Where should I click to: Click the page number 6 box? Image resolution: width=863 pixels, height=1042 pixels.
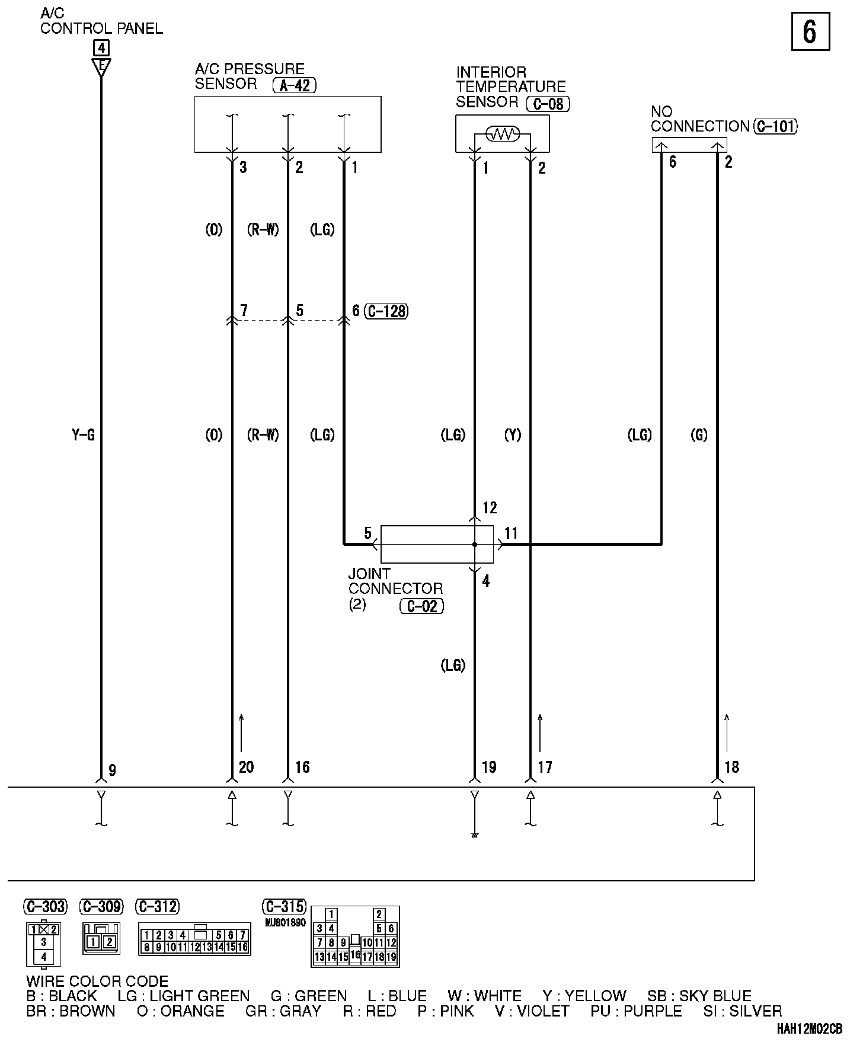click(x=810, y=32)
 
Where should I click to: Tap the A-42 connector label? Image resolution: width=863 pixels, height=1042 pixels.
click(x=295, y=85)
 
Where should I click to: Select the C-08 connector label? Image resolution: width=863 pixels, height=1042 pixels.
click(x=548, y=104)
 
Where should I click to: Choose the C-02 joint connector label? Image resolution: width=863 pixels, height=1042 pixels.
click(x=422, y=606)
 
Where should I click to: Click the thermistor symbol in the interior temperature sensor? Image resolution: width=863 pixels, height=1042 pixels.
click(x=503, y=134)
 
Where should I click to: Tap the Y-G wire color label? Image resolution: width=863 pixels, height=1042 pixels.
click(x=83, y=436)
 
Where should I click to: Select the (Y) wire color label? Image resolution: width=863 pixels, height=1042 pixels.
click(x=513, y=436)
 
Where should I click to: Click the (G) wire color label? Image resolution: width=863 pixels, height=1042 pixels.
click(x=699, y=436)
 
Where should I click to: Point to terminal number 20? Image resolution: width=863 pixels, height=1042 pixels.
click(x=246, y=767)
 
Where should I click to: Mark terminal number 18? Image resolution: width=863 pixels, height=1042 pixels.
click(x=732, y=767)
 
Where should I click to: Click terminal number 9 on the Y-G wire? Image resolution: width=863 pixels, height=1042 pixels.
click(x=112, y=770)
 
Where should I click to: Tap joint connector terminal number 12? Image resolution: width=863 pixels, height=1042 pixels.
click(x=490, y=508)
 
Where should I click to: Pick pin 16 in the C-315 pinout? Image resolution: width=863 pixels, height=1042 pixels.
click(x=355, y=954)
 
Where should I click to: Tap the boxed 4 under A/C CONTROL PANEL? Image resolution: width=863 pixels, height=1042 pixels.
click(x=101, y=47)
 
